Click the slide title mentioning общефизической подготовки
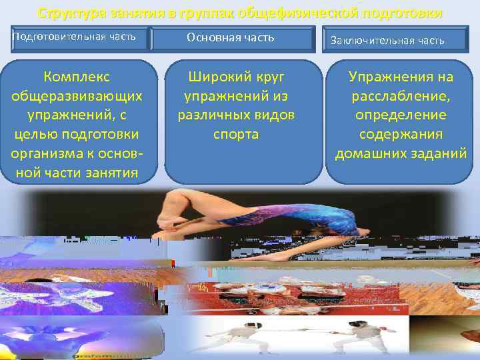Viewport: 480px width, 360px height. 239,13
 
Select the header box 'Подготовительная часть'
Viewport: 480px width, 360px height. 75,37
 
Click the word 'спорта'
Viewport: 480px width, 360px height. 235,135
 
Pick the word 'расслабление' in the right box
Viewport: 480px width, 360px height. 400,96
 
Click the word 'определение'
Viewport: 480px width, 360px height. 400,115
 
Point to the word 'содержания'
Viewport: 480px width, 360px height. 400,135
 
